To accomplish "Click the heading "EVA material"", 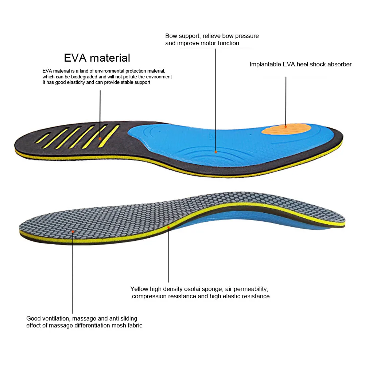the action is pos(97,58).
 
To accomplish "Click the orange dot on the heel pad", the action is pos(286,127).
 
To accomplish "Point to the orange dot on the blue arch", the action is pos(216,152).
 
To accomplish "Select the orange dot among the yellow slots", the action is pos(100,139).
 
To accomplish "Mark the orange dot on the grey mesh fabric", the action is pos(73,232).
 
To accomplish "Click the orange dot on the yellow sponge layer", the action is pos(168,226).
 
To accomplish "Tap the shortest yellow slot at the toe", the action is pos(43,138).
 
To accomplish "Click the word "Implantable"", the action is pos(265,65).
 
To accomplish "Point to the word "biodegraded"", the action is pos(85,77).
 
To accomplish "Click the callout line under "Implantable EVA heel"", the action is pos(286,101).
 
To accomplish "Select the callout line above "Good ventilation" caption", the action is pos(73,273).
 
